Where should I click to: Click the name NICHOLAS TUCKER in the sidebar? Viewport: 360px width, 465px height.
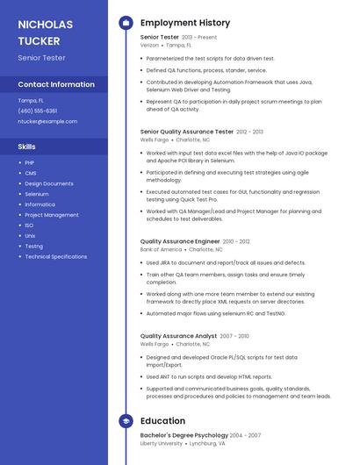click(46, 32)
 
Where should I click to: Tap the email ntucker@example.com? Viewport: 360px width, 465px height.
click(41, 121)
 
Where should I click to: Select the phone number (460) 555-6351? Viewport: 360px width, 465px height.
click(38, 111)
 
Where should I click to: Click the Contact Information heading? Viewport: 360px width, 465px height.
click(56, 84)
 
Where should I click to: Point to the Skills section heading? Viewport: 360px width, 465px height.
click(27, 147)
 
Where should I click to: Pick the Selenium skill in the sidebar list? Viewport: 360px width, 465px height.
click(37, 194)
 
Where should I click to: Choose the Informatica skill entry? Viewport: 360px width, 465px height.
click(40, 204)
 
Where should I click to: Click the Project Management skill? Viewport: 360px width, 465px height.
click(52, 215)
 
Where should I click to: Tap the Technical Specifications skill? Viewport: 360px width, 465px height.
click(55, 257)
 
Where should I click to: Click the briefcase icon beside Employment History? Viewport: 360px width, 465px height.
click(126, 23)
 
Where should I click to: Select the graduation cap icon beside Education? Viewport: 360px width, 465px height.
click(126, 421)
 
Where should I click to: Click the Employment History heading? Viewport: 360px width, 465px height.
click(185, 23)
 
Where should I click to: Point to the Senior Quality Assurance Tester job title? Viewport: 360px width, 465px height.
click(187, 131)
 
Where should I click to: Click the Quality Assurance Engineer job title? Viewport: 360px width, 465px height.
click(180, 241)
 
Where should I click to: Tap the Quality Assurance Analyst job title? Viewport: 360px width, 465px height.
click(178, 336)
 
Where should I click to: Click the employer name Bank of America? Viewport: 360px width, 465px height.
click(161, 249)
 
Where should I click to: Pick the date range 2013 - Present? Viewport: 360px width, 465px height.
click(199, 38)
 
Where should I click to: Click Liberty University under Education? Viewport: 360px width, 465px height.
click(162, 444)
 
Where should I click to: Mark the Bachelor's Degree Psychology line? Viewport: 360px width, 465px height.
click(184, 435)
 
